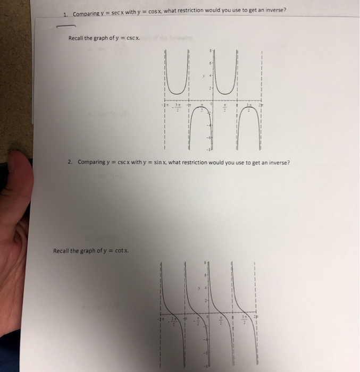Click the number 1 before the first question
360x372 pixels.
pyautogui.click(x=64, y=13)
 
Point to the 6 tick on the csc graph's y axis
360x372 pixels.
pyautogui.click(x=210, y=63)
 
